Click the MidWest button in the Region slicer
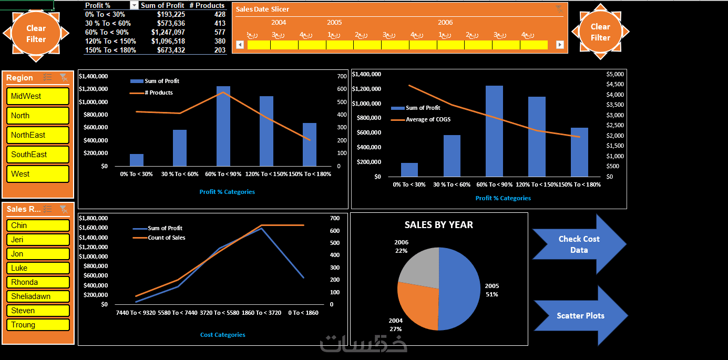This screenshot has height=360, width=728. click(x=37, y=96)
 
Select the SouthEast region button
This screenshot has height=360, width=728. click(x=37, y=155)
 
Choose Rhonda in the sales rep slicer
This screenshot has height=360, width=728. click(x=37, y=282)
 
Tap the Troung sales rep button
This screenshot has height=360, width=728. click(x=37, y=325)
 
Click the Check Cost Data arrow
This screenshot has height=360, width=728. click(x=579, y=244)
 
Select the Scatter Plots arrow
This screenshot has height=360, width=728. click(x=580, y=316)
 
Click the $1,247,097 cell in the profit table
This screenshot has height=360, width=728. click(x=168, y=32)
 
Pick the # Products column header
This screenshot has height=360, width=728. click(x=207, y=5)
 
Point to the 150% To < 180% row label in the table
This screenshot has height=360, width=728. click(x=110, y=50)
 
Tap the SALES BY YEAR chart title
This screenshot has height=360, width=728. click(x=439, y=225)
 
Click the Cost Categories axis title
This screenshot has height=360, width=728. click(x=223, y=335)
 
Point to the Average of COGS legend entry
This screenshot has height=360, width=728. click(x=428, y=119)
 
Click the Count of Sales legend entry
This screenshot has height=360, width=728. click(x=166, y=238)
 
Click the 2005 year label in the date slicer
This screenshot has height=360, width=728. click(x=334, y=23)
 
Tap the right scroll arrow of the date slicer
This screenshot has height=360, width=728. click(x=559, y=45)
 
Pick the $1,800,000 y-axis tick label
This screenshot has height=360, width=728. click(x=93, y=218)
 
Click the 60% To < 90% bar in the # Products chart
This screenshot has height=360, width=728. click(x=223, y=126)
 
